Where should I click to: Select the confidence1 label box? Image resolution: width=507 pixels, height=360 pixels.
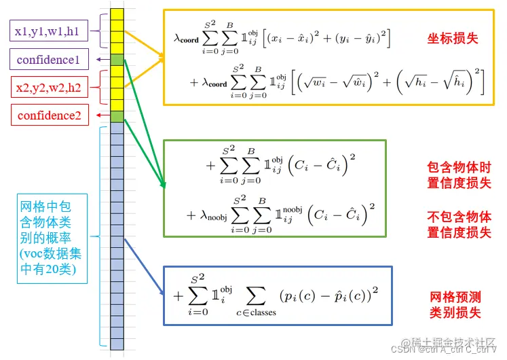click(48, 60)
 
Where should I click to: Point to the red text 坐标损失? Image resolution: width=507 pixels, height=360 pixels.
click(453, 38)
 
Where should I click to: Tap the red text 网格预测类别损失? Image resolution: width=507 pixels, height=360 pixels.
click(455, 304)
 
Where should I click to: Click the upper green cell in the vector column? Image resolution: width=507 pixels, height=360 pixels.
click(117, 60)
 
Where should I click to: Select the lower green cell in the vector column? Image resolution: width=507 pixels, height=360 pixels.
click(117, 116)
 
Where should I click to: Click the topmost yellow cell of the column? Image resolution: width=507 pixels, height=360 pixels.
click(117, 14)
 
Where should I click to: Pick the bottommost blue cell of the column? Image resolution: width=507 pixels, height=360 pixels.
click(117, 343)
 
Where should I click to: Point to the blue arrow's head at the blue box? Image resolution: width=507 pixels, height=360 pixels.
click(163, 293)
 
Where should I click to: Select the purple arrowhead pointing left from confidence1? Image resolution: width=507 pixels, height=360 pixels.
click(100, 60)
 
